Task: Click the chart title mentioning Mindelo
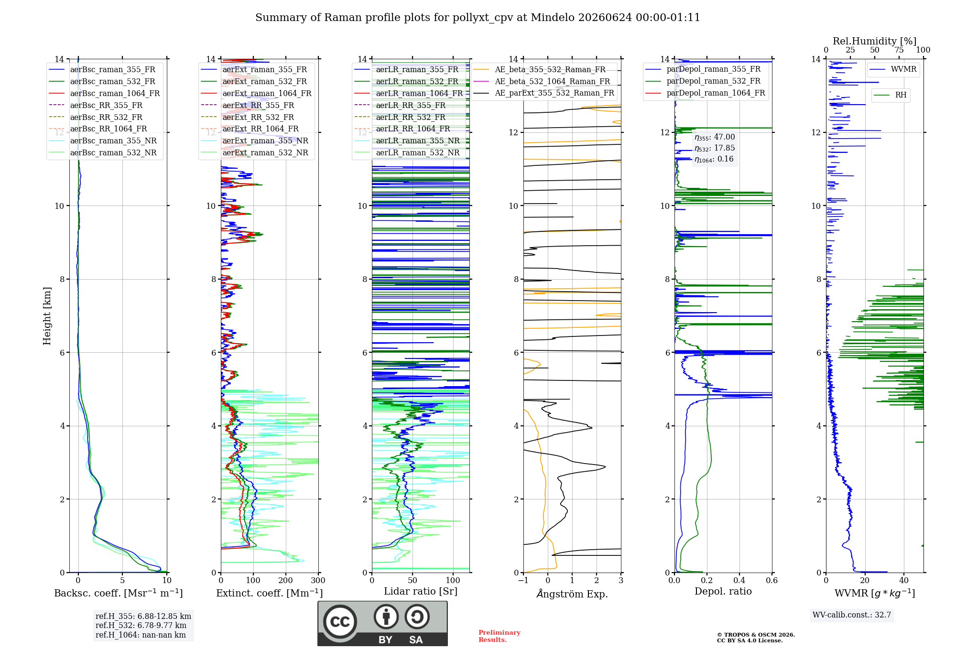coord(478,18)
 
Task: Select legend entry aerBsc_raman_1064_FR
coord(104,93)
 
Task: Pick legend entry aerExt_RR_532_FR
coord(248,117)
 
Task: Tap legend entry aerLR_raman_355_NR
coord(407,141)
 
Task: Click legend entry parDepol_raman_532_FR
coord(703,81)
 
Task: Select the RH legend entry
coord(891,95)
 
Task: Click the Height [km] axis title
coord(47,316)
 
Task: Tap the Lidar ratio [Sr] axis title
coord(421,591)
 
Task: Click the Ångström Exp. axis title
coord(572,594)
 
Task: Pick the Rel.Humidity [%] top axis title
coord(875,41)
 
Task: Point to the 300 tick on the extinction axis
coord(318,580)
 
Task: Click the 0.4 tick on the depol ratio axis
coord(739,580)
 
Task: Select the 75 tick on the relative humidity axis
coord(899,50)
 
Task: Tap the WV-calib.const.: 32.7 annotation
coord(852,615)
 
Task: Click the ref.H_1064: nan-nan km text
coord(141,635)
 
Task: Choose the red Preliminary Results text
coord(500,636)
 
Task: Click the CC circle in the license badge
coord(340,621)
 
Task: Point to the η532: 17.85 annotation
coord(715,148)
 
